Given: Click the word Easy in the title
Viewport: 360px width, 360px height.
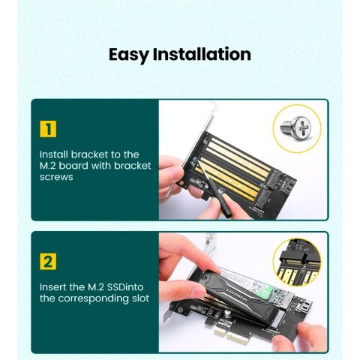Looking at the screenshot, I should (x=128, y=55).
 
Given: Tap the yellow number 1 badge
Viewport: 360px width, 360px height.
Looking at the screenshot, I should (x=47, y=129).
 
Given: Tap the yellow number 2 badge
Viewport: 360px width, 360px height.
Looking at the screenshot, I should (x=47, y=262).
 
